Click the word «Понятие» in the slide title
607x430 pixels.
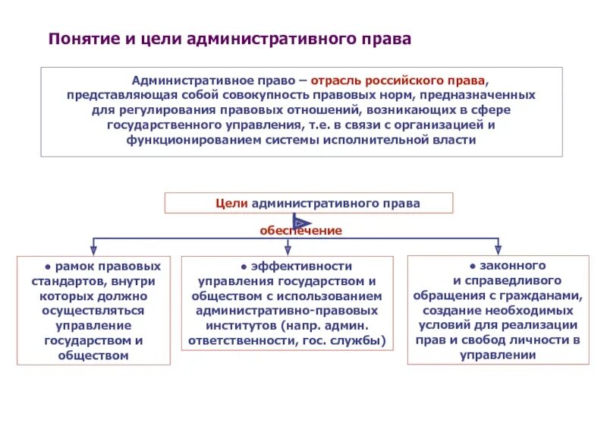pyautogui.click(x=82, y=39)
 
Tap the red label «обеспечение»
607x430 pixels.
pyautogui.click(x=301, y=230)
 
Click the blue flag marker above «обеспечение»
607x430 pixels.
pyautogui.click(x=301, y=221)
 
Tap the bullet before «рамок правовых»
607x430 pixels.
pyautogui.click(x=47, y=267)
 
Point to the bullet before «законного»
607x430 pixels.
pyautogui.click(x=472, y=267)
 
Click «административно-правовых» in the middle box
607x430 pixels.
pyautogui.click(x=288, y=311)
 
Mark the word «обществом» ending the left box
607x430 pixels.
pyautogui.click(x=93, y=355)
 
